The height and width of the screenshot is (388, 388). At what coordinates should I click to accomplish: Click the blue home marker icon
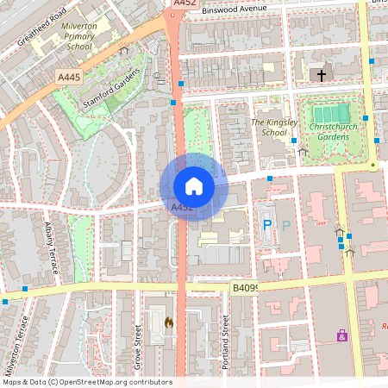(193, 185)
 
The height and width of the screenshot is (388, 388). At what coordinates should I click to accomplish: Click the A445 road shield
(70, 78)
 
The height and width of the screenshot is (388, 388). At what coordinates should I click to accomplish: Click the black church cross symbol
(322, 76)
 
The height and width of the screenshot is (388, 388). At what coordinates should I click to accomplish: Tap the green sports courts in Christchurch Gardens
(332, 113)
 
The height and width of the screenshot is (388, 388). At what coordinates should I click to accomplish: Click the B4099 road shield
(246, 288)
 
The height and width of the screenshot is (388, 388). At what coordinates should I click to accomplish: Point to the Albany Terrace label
(51, 248)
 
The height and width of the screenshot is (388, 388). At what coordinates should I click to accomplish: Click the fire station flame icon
(168, 322)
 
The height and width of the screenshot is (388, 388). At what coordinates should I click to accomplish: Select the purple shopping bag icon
(342, 335)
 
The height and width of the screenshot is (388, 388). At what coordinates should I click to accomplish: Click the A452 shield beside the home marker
(181, 208)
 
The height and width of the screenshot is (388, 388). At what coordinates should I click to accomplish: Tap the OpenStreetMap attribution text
(87, 381)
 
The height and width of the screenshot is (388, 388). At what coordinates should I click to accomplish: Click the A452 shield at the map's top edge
(185, 4)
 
